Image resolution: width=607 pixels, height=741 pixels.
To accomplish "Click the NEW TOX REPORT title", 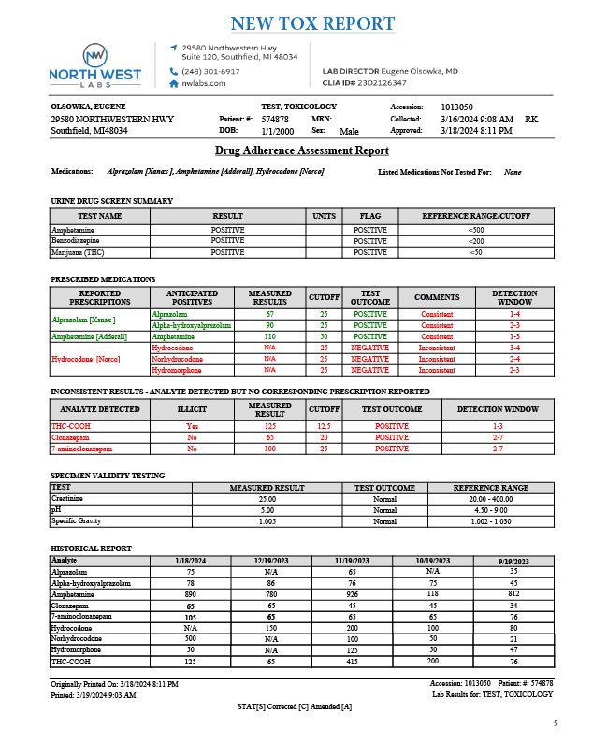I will click(311, 23).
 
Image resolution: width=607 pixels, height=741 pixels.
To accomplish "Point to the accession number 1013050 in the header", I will click(456, 107).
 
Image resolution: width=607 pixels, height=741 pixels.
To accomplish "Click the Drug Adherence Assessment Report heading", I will click(302, 150).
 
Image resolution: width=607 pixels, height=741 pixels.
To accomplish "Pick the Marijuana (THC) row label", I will click(78, 252).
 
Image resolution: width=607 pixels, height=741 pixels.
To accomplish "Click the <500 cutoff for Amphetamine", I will click(475, 230).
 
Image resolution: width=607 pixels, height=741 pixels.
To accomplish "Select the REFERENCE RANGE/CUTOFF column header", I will click(475, 216).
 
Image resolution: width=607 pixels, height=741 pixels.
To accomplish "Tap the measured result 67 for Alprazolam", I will click(269, 315).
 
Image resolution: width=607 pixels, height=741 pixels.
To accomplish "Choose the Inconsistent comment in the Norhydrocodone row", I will click(437, 359).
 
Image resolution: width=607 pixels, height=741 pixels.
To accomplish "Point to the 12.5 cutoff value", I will click(324, 426).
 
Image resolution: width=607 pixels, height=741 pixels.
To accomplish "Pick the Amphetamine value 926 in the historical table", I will click(352, 594).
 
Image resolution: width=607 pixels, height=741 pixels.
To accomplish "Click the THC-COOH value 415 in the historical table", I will click(352, 662).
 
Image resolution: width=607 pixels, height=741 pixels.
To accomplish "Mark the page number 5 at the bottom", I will click(555, 723).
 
